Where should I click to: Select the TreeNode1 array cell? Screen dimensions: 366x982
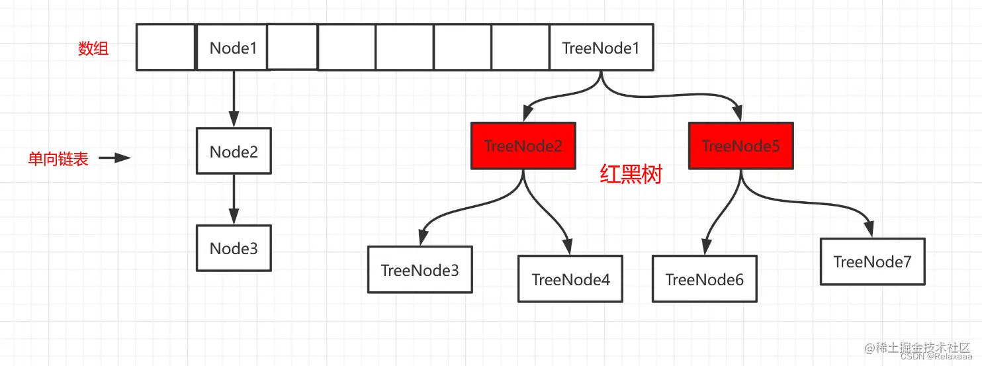pyautogui.click(x=601, y=48)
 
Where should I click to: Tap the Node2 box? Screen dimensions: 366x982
pyautogui.click(x=234, y=152)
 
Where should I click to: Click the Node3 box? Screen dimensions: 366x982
pyautogui.click(x=234, y=248)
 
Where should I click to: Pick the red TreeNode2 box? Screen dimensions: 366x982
pyautogui.click(x=523, y=146)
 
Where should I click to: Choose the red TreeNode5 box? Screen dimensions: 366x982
pyautogui.click(x=740, y=146)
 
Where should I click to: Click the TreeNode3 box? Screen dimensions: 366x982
pyautogui.click(x=420, y=270)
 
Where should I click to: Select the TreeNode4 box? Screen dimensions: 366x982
pyautogui.click(x=570, y=279)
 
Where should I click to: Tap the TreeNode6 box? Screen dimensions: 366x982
pyautogui.click(x=704, y=279)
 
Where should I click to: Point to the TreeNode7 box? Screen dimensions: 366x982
pyautogui.click(x=872, y=261)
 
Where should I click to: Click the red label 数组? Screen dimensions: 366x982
pyautogui.click(x=93, y=48)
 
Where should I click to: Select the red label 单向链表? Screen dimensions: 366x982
pyautogui.click(x=58, y=159)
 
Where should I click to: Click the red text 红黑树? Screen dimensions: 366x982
pyautogui.click(x=630, y=174)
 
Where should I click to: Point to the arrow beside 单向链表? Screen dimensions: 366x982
pyautogui.click(x=114, y=158)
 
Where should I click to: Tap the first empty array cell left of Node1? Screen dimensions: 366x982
pyautogui.click(x=165, y=47)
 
